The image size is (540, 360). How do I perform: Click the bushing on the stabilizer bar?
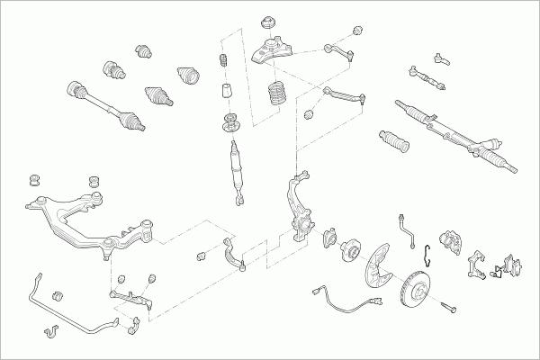tap(59, 293)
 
